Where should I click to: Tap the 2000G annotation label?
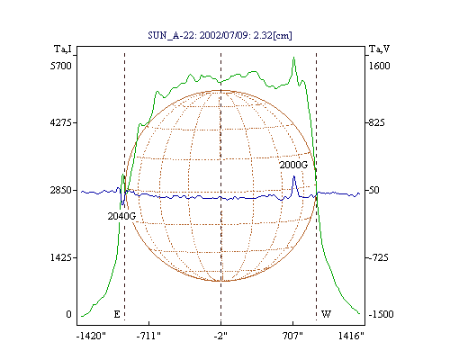(293, 165)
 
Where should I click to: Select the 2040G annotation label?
(121, 216)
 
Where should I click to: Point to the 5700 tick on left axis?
(61, 66)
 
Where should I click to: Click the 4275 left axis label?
(61, 122)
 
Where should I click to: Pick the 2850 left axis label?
(61, 190)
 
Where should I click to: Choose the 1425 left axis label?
(61, 257)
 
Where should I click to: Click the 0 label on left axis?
(68, 314)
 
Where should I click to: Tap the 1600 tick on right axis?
(379, 66)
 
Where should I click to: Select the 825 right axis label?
(376, 122)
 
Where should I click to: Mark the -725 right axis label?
(378, 257)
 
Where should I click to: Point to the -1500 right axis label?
(381, 314)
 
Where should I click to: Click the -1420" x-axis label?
(91, 336)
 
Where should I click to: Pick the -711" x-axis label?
(148, 336)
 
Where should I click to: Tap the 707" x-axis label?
(292, 336)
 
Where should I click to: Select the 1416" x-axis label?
(351, 336)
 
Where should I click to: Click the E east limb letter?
(117, 314)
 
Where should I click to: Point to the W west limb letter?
(326, 314)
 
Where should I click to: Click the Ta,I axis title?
(63, 49)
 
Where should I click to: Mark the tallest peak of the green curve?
(294, 58)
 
